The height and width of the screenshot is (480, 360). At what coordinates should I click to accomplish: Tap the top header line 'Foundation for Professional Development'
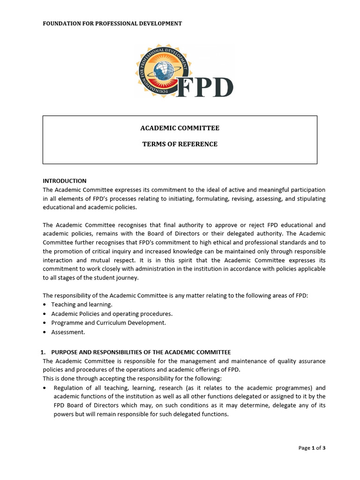point(112,23)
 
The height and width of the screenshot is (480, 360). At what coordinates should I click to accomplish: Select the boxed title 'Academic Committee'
point(180,128)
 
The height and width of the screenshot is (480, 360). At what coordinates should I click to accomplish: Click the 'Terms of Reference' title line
point(180,144)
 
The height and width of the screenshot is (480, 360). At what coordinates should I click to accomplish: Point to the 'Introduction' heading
point(65,181)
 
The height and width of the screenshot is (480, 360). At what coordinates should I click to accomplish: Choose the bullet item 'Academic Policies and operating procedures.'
point(112,314)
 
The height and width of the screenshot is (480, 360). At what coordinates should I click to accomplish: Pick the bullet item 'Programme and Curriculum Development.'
point(108,323)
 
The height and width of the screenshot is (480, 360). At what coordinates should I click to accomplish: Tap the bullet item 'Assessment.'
point(68,332)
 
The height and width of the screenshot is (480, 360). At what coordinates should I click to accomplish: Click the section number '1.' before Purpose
point(45,352)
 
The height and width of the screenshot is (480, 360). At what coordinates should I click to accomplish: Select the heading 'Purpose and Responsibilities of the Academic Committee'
point(141,352)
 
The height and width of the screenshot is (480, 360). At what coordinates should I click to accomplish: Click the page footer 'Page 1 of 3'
point(312,448)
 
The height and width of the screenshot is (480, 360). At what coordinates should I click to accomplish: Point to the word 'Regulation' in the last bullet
point(69,388)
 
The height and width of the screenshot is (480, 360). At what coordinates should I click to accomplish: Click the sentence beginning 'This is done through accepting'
point(132,379)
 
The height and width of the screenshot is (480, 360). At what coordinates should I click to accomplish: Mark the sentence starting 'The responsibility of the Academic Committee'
point(175,295)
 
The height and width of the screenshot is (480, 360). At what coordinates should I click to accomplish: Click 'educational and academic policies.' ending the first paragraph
point(90,207)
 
